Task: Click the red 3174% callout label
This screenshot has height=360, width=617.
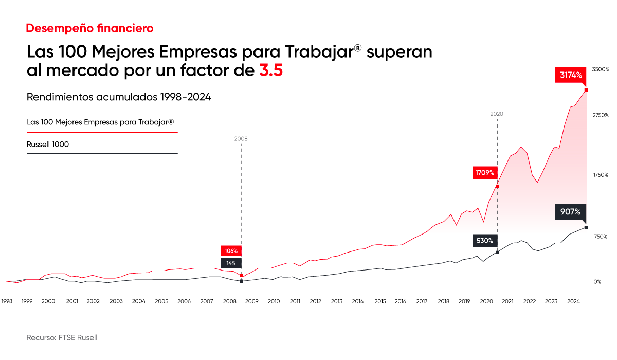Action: tap(571, 75)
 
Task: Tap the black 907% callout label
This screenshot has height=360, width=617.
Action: tap(570, 211)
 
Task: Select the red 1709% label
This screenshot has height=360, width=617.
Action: tap(484, 172)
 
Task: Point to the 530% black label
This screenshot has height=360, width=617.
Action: tap(484, 240)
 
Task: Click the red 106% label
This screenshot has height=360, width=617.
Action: tap(231, 251)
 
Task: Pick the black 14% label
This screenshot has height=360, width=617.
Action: tap(231, 263)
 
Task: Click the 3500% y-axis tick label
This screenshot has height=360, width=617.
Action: tap(600, 69)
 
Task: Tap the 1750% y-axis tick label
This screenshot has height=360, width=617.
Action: tap(600, 175)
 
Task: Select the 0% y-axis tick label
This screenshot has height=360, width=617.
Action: tap(596, 282)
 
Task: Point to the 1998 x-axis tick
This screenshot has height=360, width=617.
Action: tap(7, 301)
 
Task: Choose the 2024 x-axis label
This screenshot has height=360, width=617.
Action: tap(574, 301)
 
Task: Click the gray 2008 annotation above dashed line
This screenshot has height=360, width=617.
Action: tap(241, 139)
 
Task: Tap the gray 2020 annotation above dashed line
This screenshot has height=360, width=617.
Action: tap(497, 114)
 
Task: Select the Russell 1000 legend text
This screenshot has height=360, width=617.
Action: tap(47, 145)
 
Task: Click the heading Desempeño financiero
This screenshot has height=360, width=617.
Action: tap(89, 28)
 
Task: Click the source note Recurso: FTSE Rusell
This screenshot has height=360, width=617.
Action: tap(62, 338)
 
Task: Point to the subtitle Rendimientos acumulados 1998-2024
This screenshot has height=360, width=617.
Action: tap(119, 97)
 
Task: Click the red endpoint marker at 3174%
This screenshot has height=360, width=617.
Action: tap(586, 90)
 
